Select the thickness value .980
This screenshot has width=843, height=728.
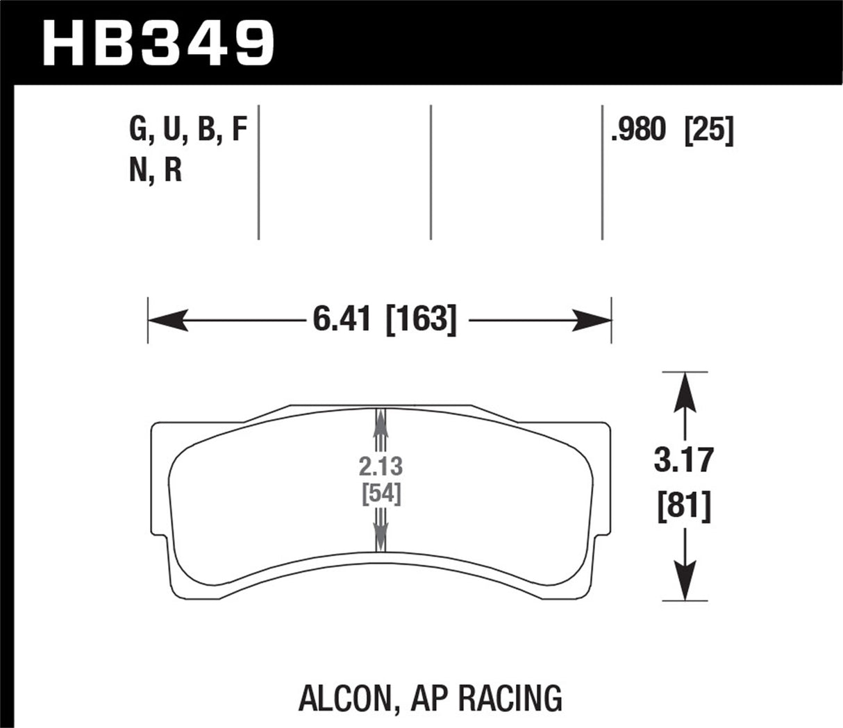638,130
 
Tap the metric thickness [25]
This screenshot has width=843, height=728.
709,130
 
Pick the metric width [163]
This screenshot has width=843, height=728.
421,321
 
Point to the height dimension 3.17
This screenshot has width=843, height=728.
684,461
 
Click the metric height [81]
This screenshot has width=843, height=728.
684,508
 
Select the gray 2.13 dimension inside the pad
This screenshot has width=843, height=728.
381,466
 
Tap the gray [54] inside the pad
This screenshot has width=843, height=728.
381,494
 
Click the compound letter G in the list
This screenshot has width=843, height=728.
139,130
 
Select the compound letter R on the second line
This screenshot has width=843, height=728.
173,170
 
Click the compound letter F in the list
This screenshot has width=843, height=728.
239,130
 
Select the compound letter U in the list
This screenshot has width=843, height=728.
173,130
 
